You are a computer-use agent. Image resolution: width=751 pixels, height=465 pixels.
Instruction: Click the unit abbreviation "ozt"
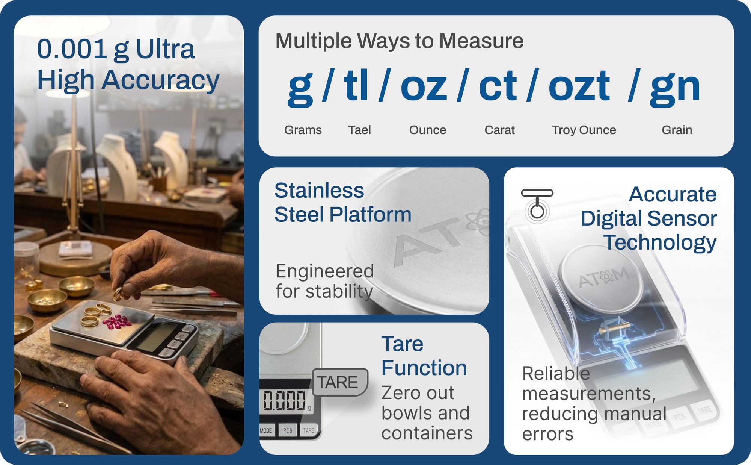(x=579, y=87)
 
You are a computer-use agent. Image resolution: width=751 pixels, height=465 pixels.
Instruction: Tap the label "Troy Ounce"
(x=584, y=130)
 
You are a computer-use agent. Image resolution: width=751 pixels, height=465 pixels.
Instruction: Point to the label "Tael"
(x=359, y=130)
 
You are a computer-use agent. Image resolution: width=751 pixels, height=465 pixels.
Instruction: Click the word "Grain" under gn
(x=677, y=130)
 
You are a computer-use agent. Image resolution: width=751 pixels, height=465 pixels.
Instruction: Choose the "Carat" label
(x=499, y=130)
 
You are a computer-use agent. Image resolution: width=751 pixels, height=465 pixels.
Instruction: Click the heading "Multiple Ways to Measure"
(x=399, y=41)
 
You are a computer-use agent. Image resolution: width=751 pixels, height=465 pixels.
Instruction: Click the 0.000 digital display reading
(x=284, y=400)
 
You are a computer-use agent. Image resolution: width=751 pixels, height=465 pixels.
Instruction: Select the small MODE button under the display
(x=266, y=430)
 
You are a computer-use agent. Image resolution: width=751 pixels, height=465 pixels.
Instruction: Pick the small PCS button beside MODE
(x=288, y=430)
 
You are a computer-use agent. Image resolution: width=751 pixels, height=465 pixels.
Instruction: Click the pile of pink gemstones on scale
(x=117, y=322)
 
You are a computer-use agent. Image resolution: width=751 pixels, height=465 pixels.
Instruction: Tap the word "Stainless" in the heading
(x=319, y=190)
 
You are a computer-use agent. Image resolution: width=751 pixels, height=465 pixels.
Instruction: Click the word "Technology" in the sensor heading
(x=660, y=242)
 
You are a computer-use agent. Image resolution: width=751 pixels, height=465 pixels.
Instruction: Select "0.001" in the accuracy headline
(x=72, y=49)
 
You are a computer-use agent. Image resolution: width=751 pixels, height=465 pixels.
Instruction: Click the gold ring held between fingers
(x=119, y=294)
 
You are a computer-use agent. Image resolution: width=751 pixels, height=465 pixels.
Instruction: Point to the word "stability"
(x=339, y=291)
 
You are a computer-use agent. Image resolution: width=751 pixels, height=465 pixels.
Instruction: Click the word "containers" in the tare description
(x=427, y=433)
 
